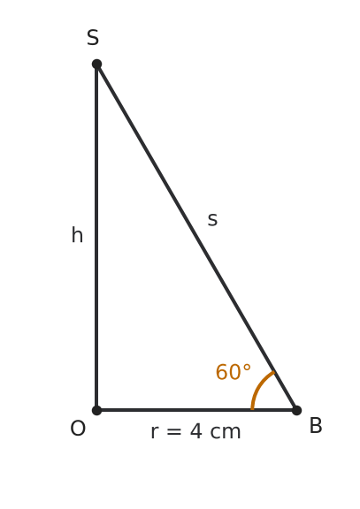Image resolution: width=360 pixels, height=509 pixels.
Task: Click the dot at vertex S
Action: pyautogui.click(x=96, y=65)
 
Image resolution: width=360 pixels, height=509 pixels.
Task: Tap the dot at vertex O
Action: pyautogui.click(x=96, y=410)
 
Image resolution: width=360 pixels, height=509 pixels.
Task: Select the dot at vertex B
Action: pyautogui.click(x=296, y=410)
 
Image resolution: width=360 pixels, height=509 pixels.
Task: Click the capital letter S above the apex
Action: pyautogui.click(x=93, y=37)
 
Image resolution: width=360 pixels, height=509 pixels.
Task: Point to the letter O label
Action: pyautogui.click(x=78, y=429)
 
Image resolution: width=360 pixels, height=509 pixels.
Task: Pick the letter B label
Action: pyautogui.click(x=316, y=426)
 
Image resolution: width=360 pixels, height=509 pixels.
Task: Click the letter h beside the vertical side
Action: pyautogui.click(x=77, y=235)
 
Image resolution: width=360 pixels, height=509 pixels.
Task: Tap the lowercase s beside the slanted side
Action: pyautogui.click(x=212, y=220)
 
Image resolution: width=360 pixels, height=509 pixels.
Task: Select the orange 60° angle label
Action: pyautogui.click(x=234, y=372)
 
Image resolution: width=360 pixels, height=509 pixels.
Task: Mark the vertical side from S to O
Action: pyautogui.click(x=96, y=238)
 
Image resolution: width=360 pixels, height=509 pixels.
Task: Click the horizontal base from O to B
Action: pyautogui.click(x=196, y=410)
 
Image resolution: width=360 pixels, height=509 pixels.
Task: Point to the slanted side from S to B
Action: pyautogui.click(x=196, y=238)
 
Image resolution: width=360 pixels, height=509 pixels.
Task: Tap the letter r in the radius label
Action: pyautogui.click(x=155, y=433)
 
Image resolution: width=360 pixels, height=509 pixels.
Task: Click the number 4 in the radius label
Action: pyautogui.click(x=196, y=431)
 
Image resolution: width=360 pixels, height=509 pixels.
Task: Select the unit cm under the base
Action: pyautogui.click(x=226, y=433)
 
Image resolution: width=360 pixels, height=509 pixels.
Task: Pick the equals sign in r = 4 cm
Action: pyautogui.click(x=174, y=432)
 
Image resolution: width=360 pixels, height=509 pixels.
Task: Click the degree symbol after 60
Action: pyautogui.click(x=247, y=368)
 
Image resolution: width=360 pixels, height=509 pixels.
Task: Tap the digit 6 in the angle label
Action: pyautogui.click(x=222, y=372)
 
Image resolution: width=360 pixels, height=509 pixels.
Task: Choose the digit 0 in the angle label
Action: pyautogui.click(x=235, y=372)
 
